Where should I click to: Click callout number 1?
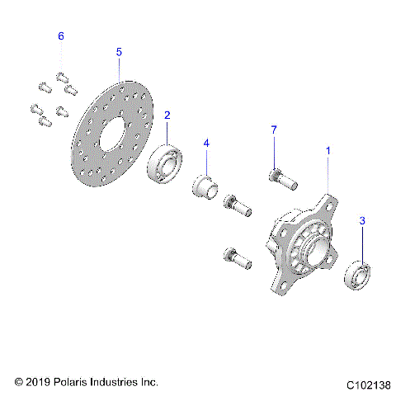[328, 151]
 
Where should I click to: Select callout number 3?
[361, 221]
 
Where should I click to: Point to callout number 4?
[207, 144]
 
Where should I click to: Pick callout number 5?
[119, 52]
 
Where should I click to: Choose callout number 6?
[60, 37]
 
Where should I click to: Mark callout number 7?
[273, 130]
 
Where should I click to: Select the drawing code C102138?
[368, 384]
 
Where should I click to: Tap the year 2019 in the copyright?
[38, 383]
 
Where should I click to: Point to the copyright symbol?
[19, 383]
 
